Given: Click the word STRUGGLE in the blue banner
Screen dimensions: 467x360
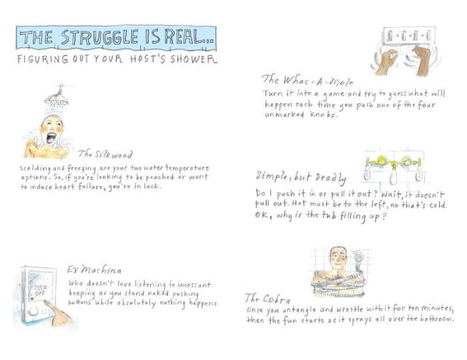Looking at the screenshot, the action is click(x=100, y=37).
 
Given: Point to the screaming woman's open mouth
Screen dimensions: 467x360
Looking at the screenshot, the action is click(x=51, y=138).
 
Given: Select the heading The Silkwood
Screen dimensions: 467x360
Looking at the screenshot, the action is click(x=105, y=154).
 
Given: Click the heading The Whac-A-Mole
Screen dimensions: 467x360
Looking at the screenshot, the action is click(x=307, y=80).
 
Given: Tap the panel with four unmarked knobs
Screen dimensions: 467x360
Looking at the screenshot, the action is click(x=409, y=36).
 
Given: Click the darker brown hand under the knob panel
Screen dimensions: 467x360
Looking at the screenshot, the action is click(x=421, y=61).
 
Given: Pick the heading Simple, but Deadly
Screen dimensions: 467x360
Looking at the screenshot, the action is click(x=301, y=177).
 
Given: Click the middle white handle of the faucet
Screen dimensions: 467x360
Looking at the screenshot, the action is click(x=393, y=176).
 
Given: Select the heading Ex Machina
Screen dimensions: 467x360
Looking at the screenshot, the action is click(x=94, y=270).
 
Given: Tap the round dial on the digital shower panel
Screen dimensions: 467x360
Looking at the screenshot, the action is click(x=33, y=312).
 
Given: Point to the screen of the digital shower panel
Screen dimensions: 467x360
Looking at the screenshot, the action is click(x=40, y=285).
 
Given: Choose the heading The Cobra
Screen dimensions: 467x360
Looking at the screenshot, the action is click(x=267, y=299).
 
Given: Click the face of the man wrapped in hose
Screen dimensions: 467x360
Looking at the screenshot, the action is click(x=338, y=258).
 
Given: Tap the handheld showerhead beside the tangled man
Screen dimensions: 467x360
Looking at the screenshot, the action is click(x=357, y=257).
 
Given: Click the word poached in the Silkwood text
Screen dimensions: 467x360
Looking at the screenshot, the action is click(x=160, y=177).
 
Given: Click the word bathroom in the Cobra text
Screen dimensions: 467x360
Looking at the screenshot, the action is click(x=437, y=319).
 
